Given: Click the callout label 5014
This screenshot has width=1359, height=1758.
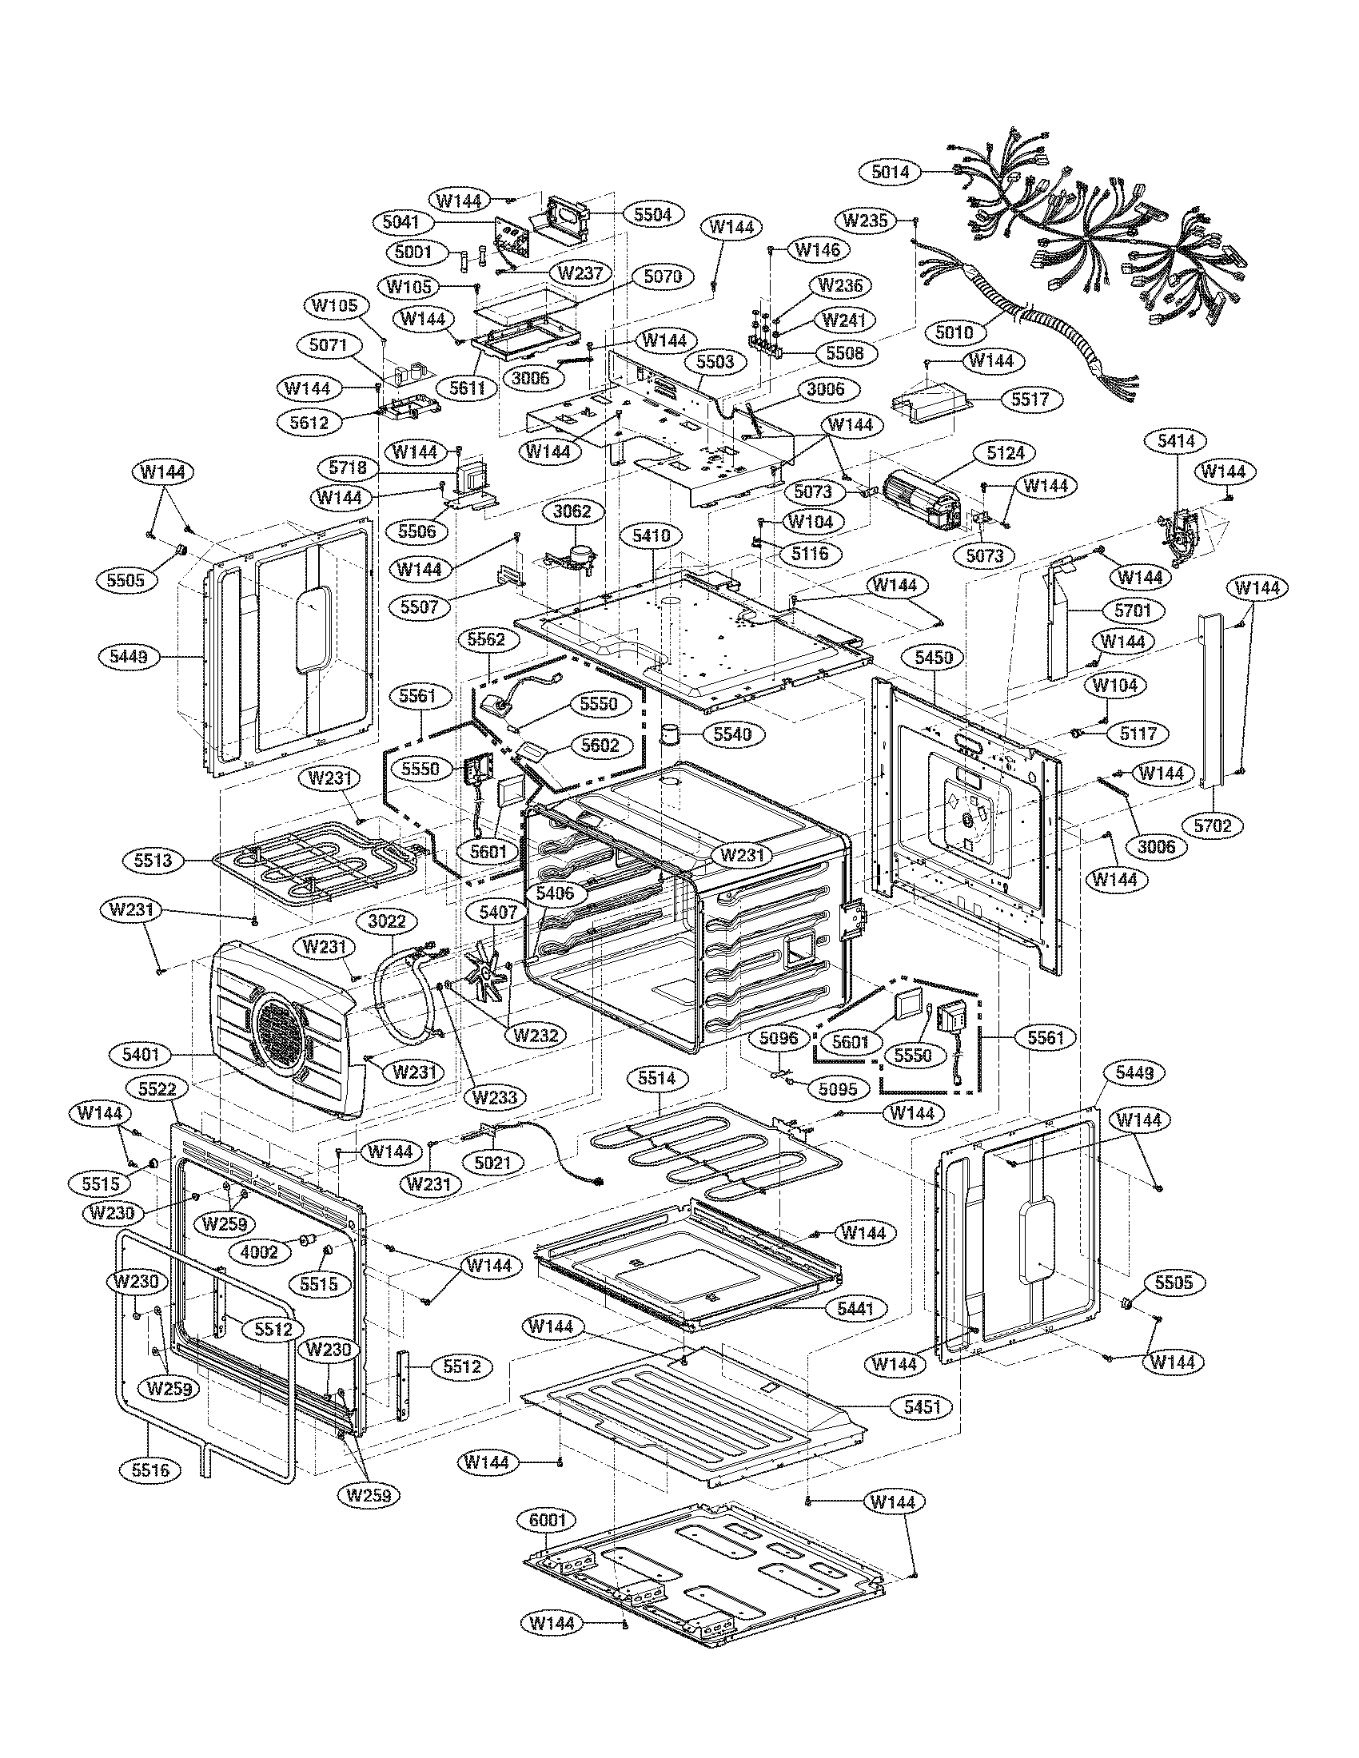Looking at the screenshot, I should [x=890, y=172].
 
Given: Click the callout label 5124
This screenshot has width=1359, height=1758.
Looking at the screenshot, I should [x=1006, y=452].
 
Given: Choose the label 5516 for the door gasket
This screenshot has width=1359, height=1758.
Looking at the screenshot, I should [x=151, y=1470].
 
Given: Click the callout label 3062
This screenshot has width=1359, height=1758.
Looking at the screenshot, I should [x=572, y=511].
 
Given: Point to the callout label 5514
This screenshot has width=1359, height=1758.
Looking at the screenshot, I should [x=656, y=1078].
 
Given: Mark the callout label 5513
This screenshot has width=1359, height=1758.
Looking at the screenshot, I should [x=153, y=861].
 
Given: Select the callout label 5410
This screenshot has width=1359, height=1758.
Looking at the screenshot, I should [x=651, y=535].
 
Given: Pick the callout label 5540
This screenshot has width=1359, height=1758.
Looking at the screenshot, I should [x=732, y=734].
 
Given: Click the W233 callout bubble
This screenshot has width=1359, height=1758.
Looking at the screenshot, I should [x=494, y=1096].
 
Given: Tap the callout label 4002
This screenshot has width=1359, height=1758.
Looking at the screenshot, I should [x=258, y=1251].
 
